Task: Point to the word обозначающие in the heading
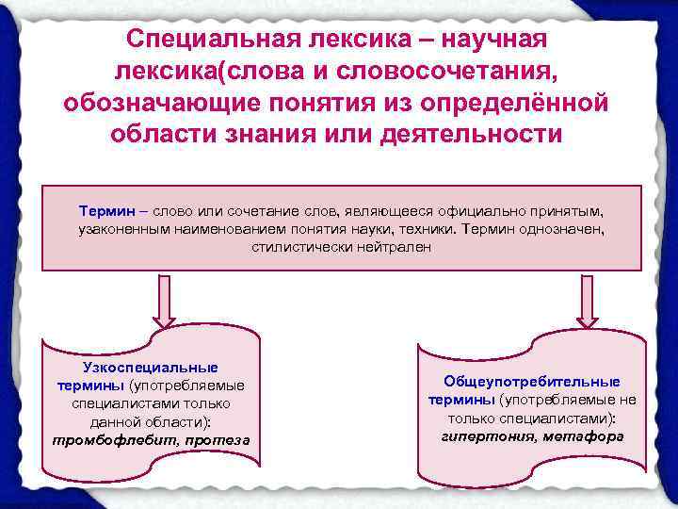pyautogui.click(x=160, y=103)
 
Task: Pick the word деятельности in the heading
pyautogui.click(x=469, y=134)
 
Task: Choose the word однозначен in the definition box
pyautogui.click(x=554, y=229)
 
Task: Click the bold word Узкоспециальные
pyautogui.click(x=151, y=368)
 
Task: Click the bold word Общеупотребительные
pyautogui.click(x=532, y=382)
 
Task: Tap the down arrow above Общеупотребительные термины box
pyautogui.click(x=588, y=303)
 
